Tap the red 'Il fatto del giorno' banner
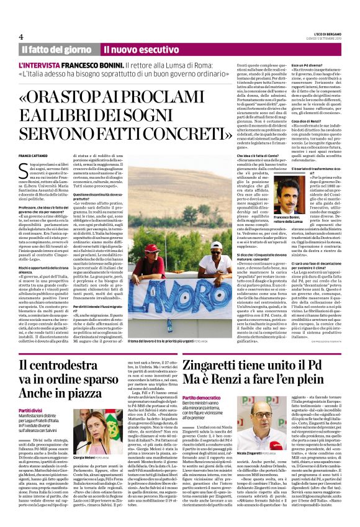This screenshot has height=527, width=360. pos(56,49)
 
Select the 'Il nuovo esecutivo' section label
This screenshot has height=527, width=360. pos(133,49)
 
